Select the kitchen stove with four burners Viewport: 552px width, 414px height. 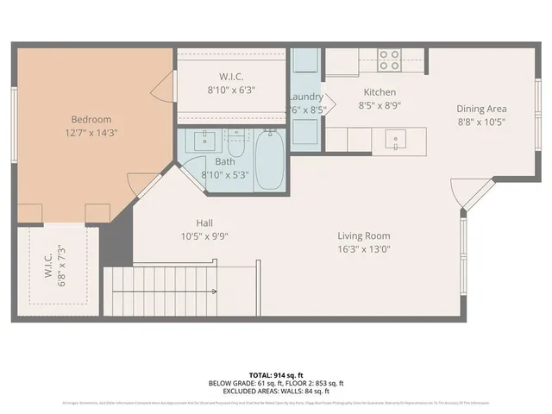click(390, 60)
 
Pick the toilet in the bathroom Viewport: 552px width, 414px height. click(236, 140)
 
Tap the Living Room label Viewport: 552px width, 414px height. click(363, 235)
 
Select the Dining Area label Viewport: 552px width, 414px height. click(481, 109)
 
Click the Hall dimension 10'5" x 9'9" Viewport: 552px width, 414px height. click(204, 235)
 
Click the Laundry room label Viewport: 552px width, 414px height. click(305, 97)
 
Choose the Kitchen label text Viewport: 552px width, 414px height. click(379, 92)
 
